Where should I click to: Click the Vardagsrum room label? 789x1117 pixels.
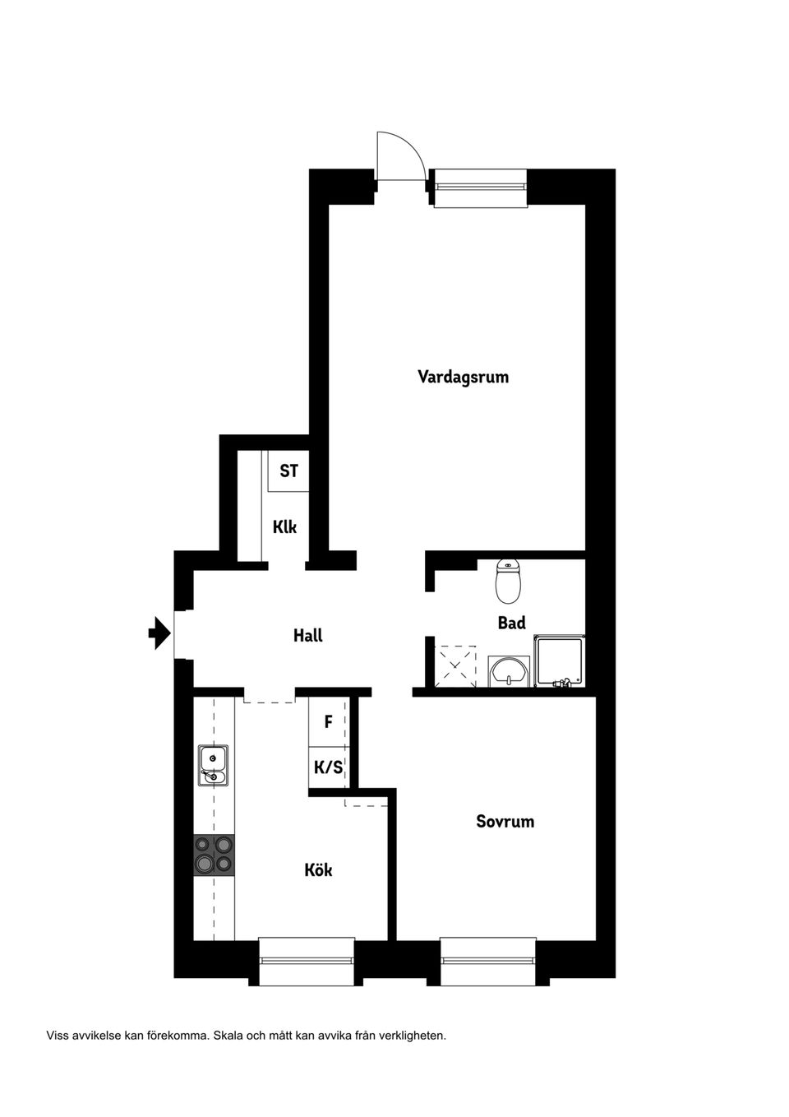coord(464,377)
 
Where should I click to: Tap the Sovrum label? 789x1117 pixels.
coord(505,821)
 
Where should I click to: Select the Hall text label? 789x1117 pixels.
coord(308,636)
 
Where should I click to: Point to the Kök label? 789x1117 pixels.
coord(318,870)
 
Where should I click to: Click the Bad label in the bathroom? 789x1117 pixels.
coord(511,623)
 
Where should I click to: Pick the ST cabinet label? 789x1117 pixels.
coord(289,470)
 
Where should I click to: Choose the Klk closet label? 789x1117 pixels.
coord(284,526)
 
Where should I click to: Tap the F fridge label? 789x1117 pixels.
coord(328,721)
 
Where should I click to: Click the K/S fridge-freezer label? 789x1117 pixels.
coord(328,767)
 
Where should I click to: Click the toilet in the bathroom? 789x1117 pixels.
coord(508,581)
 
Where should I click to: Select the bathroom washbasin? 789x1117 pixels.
coord(508,671)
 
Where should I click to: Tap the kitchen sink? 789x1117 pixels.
coord(214,766)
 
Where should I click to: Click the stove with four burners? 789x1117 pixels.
coord(215,855)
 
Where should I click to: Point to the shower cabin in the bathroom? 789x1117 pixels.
coord(560,661)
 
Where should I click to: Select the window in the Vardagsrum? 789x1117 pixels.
coord(480,188)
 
